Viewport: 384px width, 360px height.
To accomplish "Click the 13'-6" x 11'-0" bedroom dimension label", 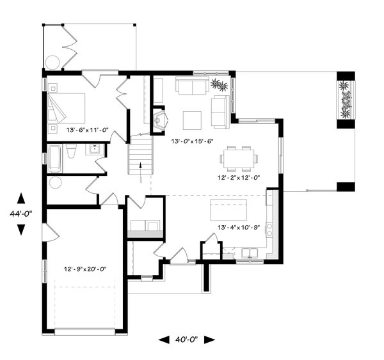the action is [87, 130].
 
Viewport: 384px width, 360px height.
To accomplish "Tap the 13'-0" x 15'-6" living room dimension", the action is [193, 141].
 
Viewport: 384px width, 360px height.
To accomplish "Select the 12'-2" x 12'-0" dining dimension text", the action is [239, 177].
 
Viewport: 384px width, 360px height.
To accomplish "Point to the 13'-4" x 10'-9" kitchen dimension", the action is [239, 228].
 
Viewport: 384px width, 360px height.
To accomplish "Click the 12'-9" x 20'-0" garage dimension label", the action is [85, 269].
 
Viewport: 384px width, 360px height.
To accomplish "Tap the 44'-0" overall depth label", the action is [21, 214].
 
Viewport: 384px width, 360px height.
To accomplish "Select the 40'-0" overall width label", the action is [186, 340].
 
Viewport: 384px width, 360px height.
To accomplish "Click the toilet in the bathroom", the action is [71, 151].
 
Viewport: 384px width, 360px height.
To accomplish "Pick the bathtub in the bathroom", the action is [54, 159].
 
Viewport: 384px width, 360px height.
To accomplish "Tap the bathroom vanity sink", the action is [94, 149].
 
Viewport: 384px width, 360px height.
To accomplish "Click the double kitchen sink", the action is [250, 253].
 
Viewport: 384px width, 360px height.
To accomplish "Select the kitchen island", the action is [228, 210].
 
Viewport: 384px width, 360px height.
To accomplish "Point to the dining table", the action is [239, 159].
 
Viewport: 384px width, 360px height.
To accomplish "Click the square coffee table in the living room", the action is [192, 120].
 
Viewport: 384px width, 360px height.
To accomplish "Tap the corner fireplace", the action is [160, 120].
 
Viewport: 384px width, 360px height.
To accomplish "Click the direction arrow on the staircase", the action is [141, 172].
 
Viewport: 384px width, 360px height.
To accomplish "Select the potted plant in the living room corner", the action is [219, 85].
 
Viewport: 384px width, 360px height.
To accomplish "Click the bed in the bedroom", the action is [67, 108].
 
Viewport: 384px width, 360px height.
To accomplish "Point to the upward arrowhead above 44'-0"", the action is [21, 198].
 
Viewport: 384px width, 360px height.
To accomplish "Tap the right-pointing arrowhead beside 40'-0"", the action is [210, 340].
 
